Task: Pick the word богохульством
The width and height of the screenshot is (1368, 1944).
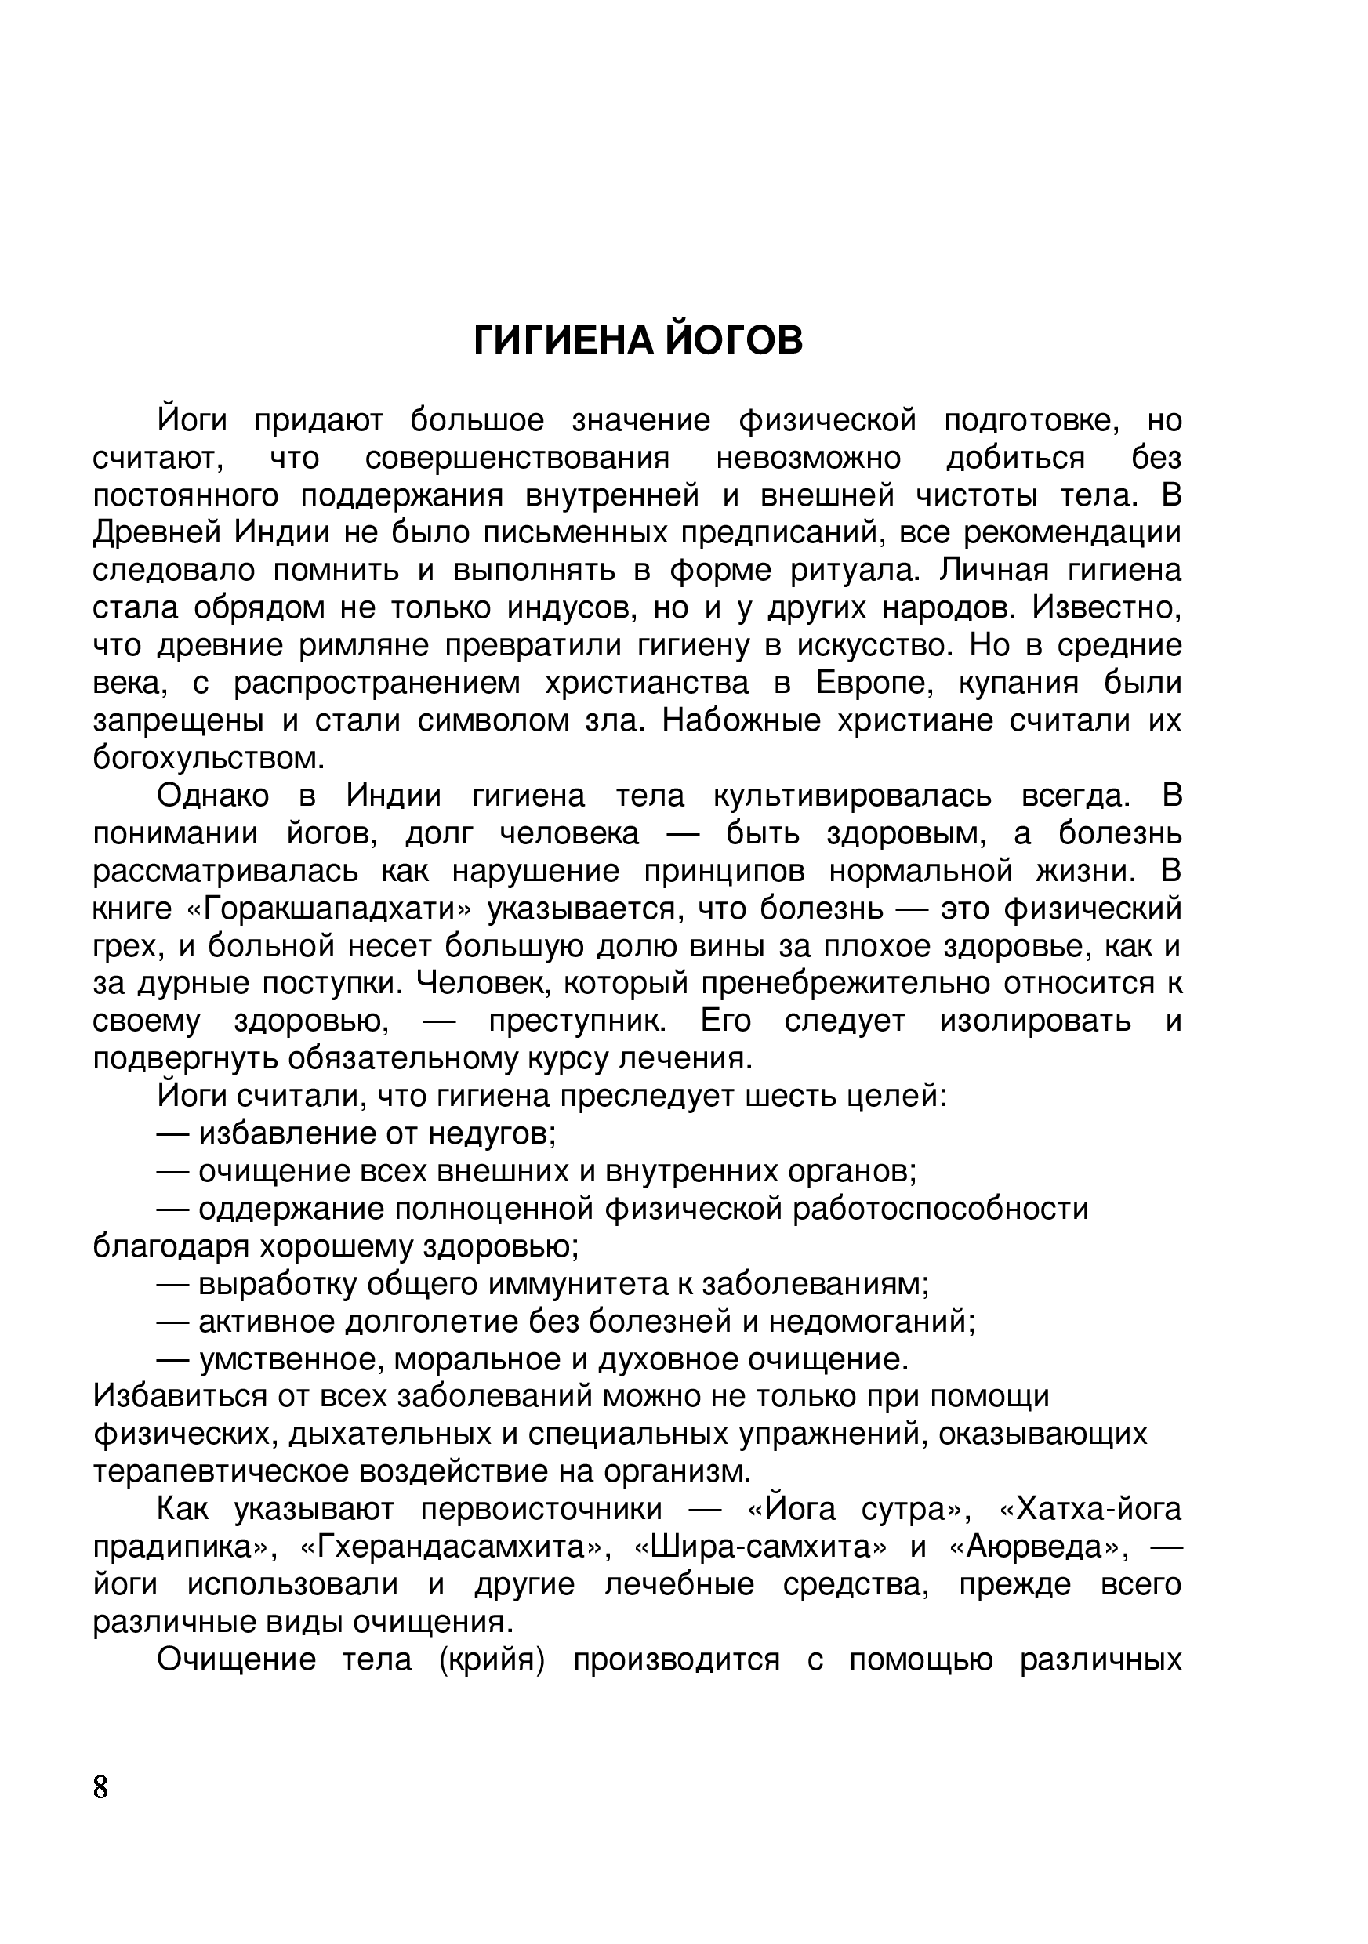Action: click(209, 758)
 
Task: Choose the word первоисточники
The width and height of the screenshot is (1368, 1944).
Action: click(541, 1509)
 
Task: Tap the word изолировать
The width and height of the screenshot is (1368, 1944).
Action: click(1035, 1021)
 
